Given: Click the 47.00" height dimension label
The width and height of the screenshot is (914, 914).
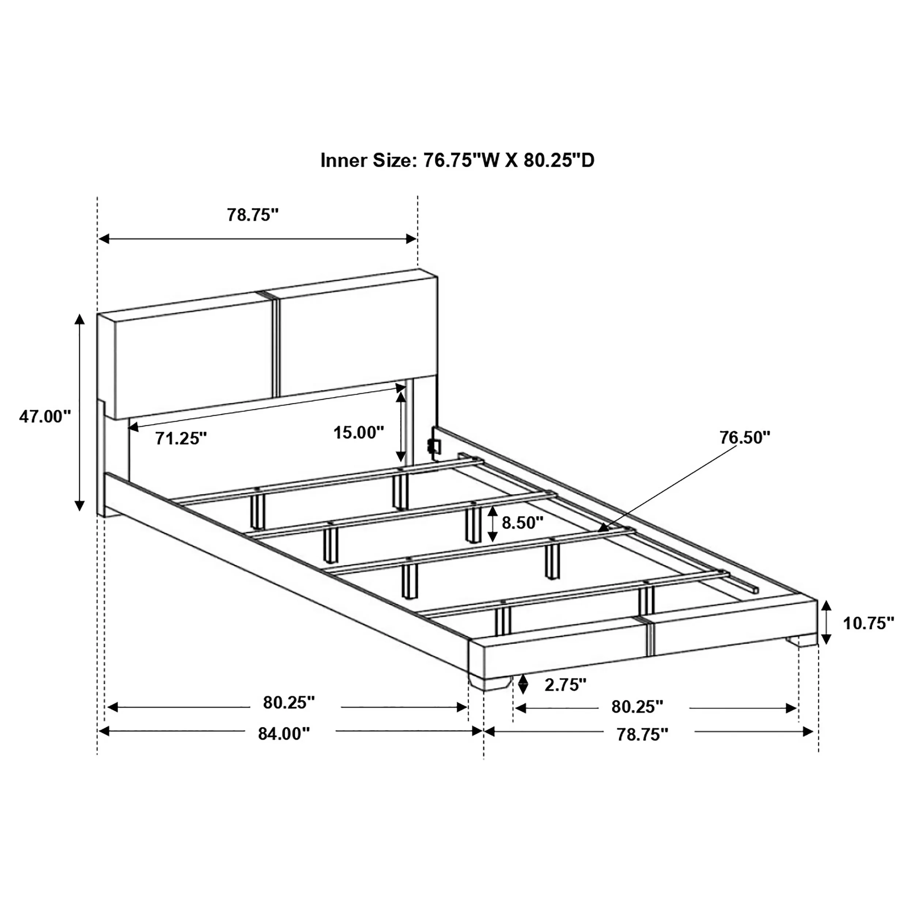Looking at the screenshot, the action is click(45, 416).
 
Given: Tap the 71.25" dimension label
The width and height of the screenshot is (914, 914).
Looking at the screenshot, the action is click(181, 439).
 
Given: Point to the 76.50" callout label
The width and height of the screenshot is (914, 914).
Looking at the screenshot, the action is click(745, 437).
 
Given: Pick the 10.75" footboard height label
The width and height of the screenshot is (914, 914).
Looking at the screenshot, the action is click(869, 623).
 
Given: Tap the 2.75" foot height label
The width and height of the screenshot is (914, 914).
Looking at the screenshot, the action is click(565, 684).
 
